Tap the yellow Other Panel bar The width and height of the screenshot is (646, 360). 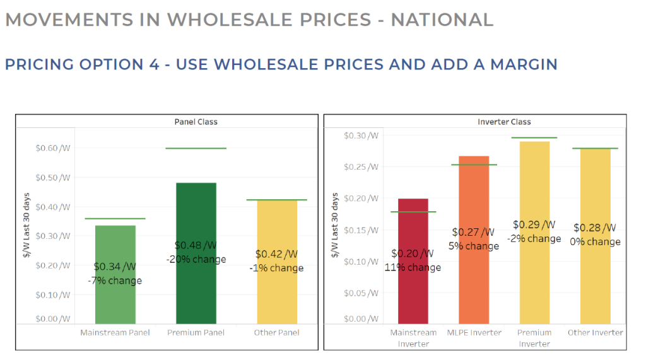[277, 296]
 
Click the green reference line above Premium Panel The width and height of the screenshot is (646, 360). [196, 148]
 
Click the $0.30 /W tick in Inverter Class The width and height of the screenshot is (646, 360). [361, 136]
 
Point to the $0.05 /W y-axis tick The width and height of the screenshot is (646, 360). [361, 293]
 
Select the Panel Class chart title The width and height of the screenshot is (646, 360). [196, 122]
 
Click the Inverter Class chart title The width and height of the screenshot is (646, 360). [504, 122]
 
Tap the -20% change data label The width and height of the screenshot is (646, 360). [196, 260]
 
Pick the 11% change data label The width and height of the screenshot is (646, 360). [413, 267]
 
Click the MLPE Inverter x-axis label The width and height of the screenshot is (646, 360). [474, 333]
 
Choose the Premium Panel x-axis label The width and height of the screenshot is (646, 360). [196, 333]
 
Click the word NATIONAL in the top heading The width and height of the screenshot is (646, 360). [442, 20]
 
